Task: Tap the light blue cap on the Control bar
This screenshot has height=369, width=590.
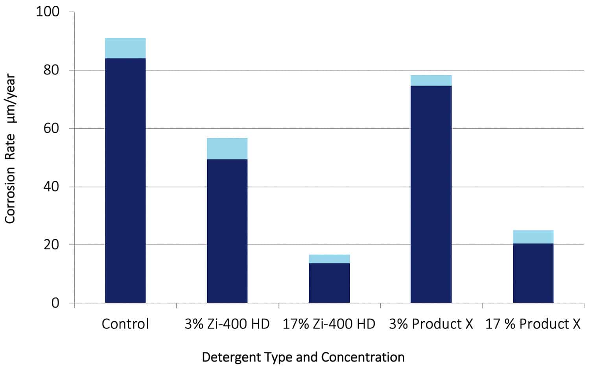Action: click(x=125, y=48)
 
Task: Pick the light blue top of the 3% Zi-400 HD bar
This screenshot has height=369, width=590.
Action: click(x=227, y=148)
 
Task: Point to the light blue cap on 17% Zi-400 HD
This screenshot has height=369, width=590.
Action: click(x=329, y=259)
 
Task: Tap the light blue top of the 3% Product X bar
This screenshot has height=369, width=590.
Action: click(x=431, y=80)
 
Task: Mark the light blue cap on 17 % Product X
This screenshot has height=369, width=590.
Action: click(x=533, y=237)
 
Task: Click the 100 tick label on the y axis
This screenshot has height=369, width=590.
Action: click(x=48, y=12)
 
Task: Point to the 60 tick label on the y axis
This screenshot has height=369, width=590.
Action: click(x=51, y=128)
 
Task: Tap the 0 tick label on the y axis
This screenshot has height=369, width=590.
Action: click(x=55, y=303)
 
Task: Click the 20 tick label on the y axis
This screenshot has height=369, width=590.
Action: click(x=51, y=245)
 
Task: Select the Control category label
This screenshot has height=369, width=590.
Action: click(x=125, y=324)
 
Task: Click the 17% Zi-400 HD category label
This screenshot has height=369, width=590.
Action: click(x=329, y=324)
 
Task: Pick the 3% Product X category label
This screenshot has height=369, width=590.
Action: click(x=431, y=324)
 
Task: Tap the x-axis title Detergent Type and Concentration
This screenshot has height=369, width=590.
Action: click(x=303, y=357)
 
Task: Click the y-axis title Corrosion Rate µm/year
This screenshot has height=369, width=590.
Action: click(x=10, y=149)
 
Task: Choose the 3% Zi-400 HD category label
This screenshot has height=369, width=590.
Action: click(x=227, y=324)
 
